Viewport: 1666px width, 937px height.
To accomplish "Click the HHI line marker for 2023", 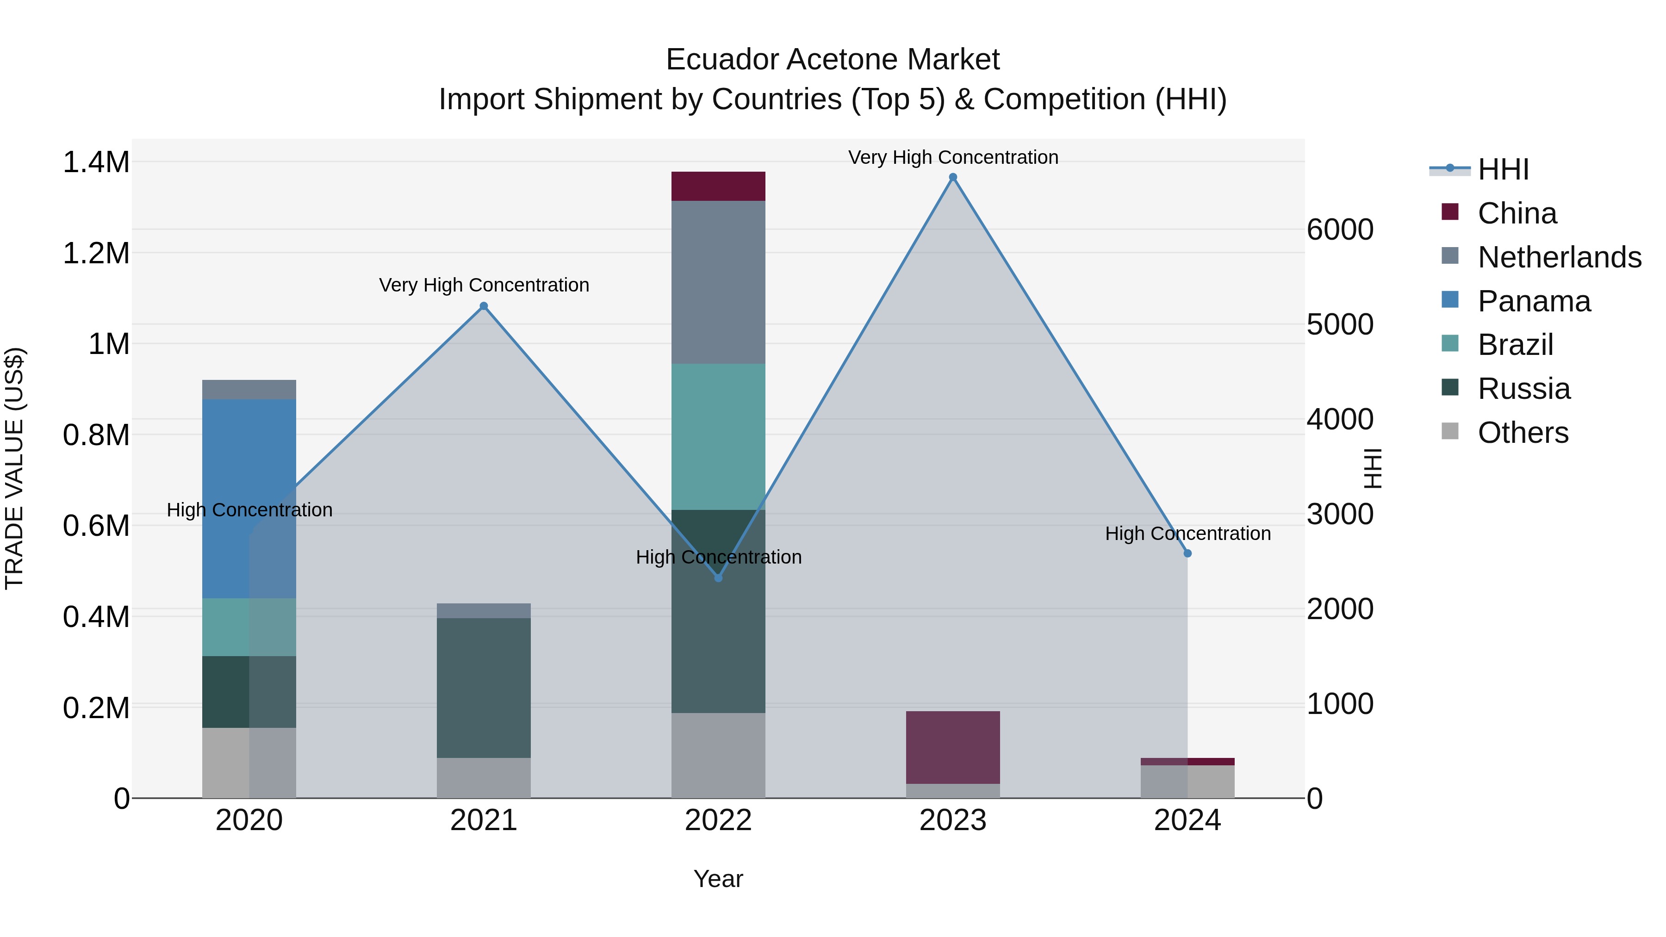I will tap(953, 177).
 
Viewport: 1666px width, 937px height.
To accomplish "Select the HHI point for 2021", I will tap(484, 306).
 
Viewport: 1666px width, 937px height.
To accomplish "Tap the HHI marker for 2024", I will tap(1187, 553).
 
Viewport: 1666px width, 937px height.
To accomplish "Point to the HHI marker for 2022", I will tap(718, 577).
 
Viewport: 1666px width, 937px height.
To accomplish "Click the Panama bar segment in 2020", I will tap(249, 498).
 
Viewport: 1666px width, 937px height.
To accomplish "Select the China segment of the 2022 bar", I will tap(718, 186).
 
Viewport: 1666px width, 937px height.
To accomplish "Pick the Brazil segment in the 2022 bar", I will tap(718, 436).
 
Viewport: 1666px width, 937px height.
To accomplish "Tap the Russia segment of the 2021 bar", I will tap(484, 688).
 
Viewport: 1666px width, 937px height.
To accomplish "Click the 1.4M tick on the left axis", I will tap(96, 162).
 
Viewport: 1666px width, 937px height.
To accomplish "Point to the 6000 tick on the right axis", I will tap(1340, 230).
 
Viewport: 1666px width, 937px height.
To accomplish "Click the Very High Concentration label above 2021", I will tap(484, 285).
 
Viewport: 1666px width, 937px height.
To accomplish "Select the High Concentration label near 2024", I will tap(1187, 534).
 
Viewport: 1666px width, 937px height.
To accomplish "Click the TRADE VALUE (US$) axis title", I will tap(14, 468).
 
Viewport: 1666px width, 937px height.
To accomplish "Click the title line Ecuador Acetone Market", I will tap(833, 60).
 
